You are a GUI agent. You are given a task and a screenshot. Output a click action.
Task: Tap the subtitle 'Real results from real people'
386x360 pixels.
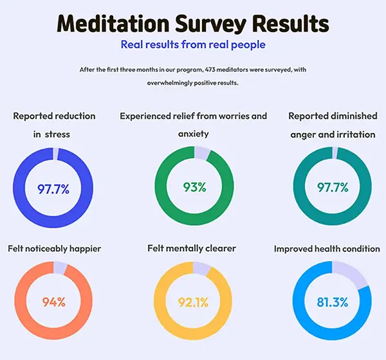(x=193, y=45)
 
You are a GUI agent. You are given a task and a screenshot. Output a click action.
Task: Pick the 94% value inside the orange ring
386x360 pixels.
(x=54, y=301)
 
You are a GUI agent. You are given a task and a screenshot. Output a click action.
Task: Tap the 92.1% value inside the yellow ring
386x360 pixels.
(x=193, y=301)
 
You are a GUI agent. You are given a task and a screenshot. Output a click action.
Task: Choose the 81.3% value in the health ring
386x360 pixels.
(x=332, y=301)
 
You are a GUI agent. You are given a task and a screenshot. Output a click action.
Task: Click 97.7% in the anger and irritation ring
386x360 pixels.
(x=332, y=187)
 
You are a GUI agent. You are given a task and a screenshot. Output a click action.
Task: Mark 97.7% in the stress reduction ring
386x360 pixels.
(x=54, y=187)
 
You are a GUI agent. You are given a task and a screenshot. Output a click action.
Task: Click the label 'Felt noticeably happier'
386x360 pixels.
(x=54, y=248)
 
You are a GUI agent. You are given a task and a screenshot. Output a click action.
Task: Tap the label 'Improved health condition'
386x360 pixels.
(x=327, y=248)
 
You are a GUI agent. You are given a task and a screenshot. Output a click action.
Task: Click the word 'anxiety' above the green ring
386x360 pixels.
(x=193, y=134)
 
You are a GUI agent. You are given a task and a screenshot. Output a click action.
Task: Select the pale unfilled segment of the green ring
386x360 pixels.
(x=202, y=153)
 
